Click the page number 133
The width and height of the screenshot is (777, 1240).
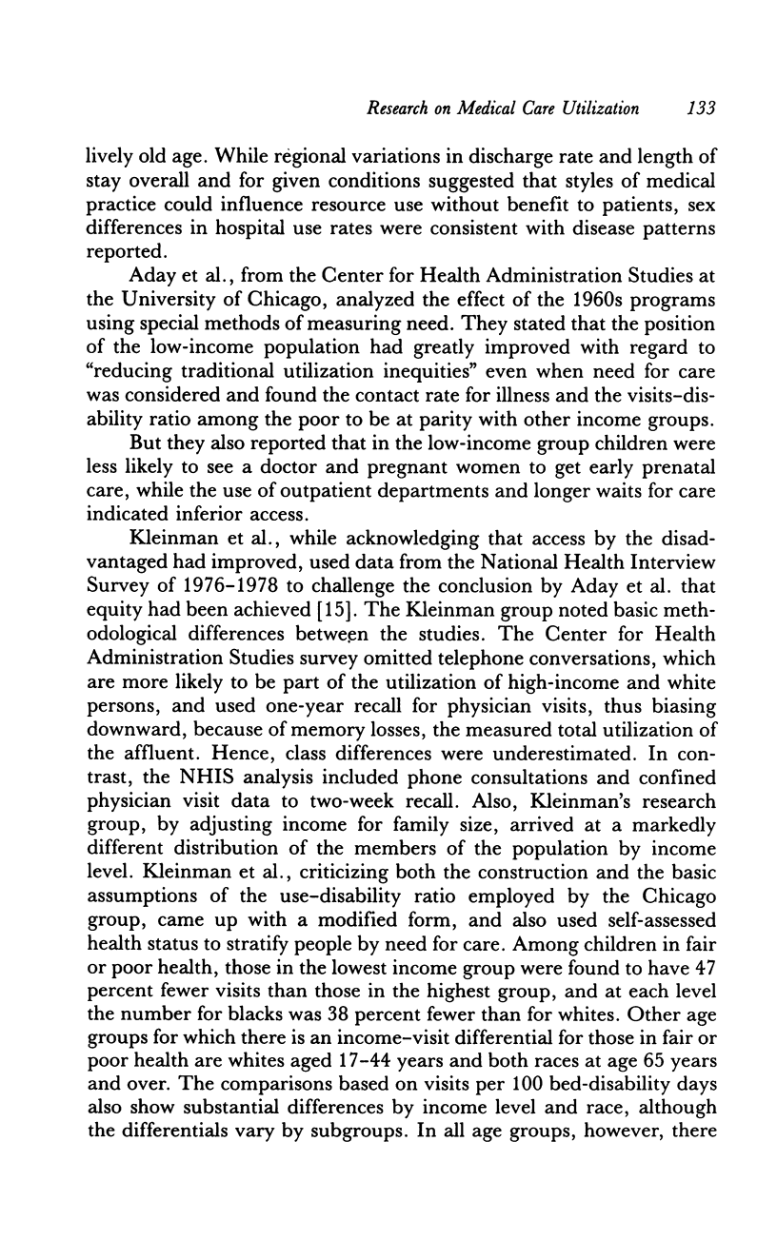point(700,108)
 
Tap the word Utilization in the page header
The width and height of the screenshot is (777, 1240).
point(594,108)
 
